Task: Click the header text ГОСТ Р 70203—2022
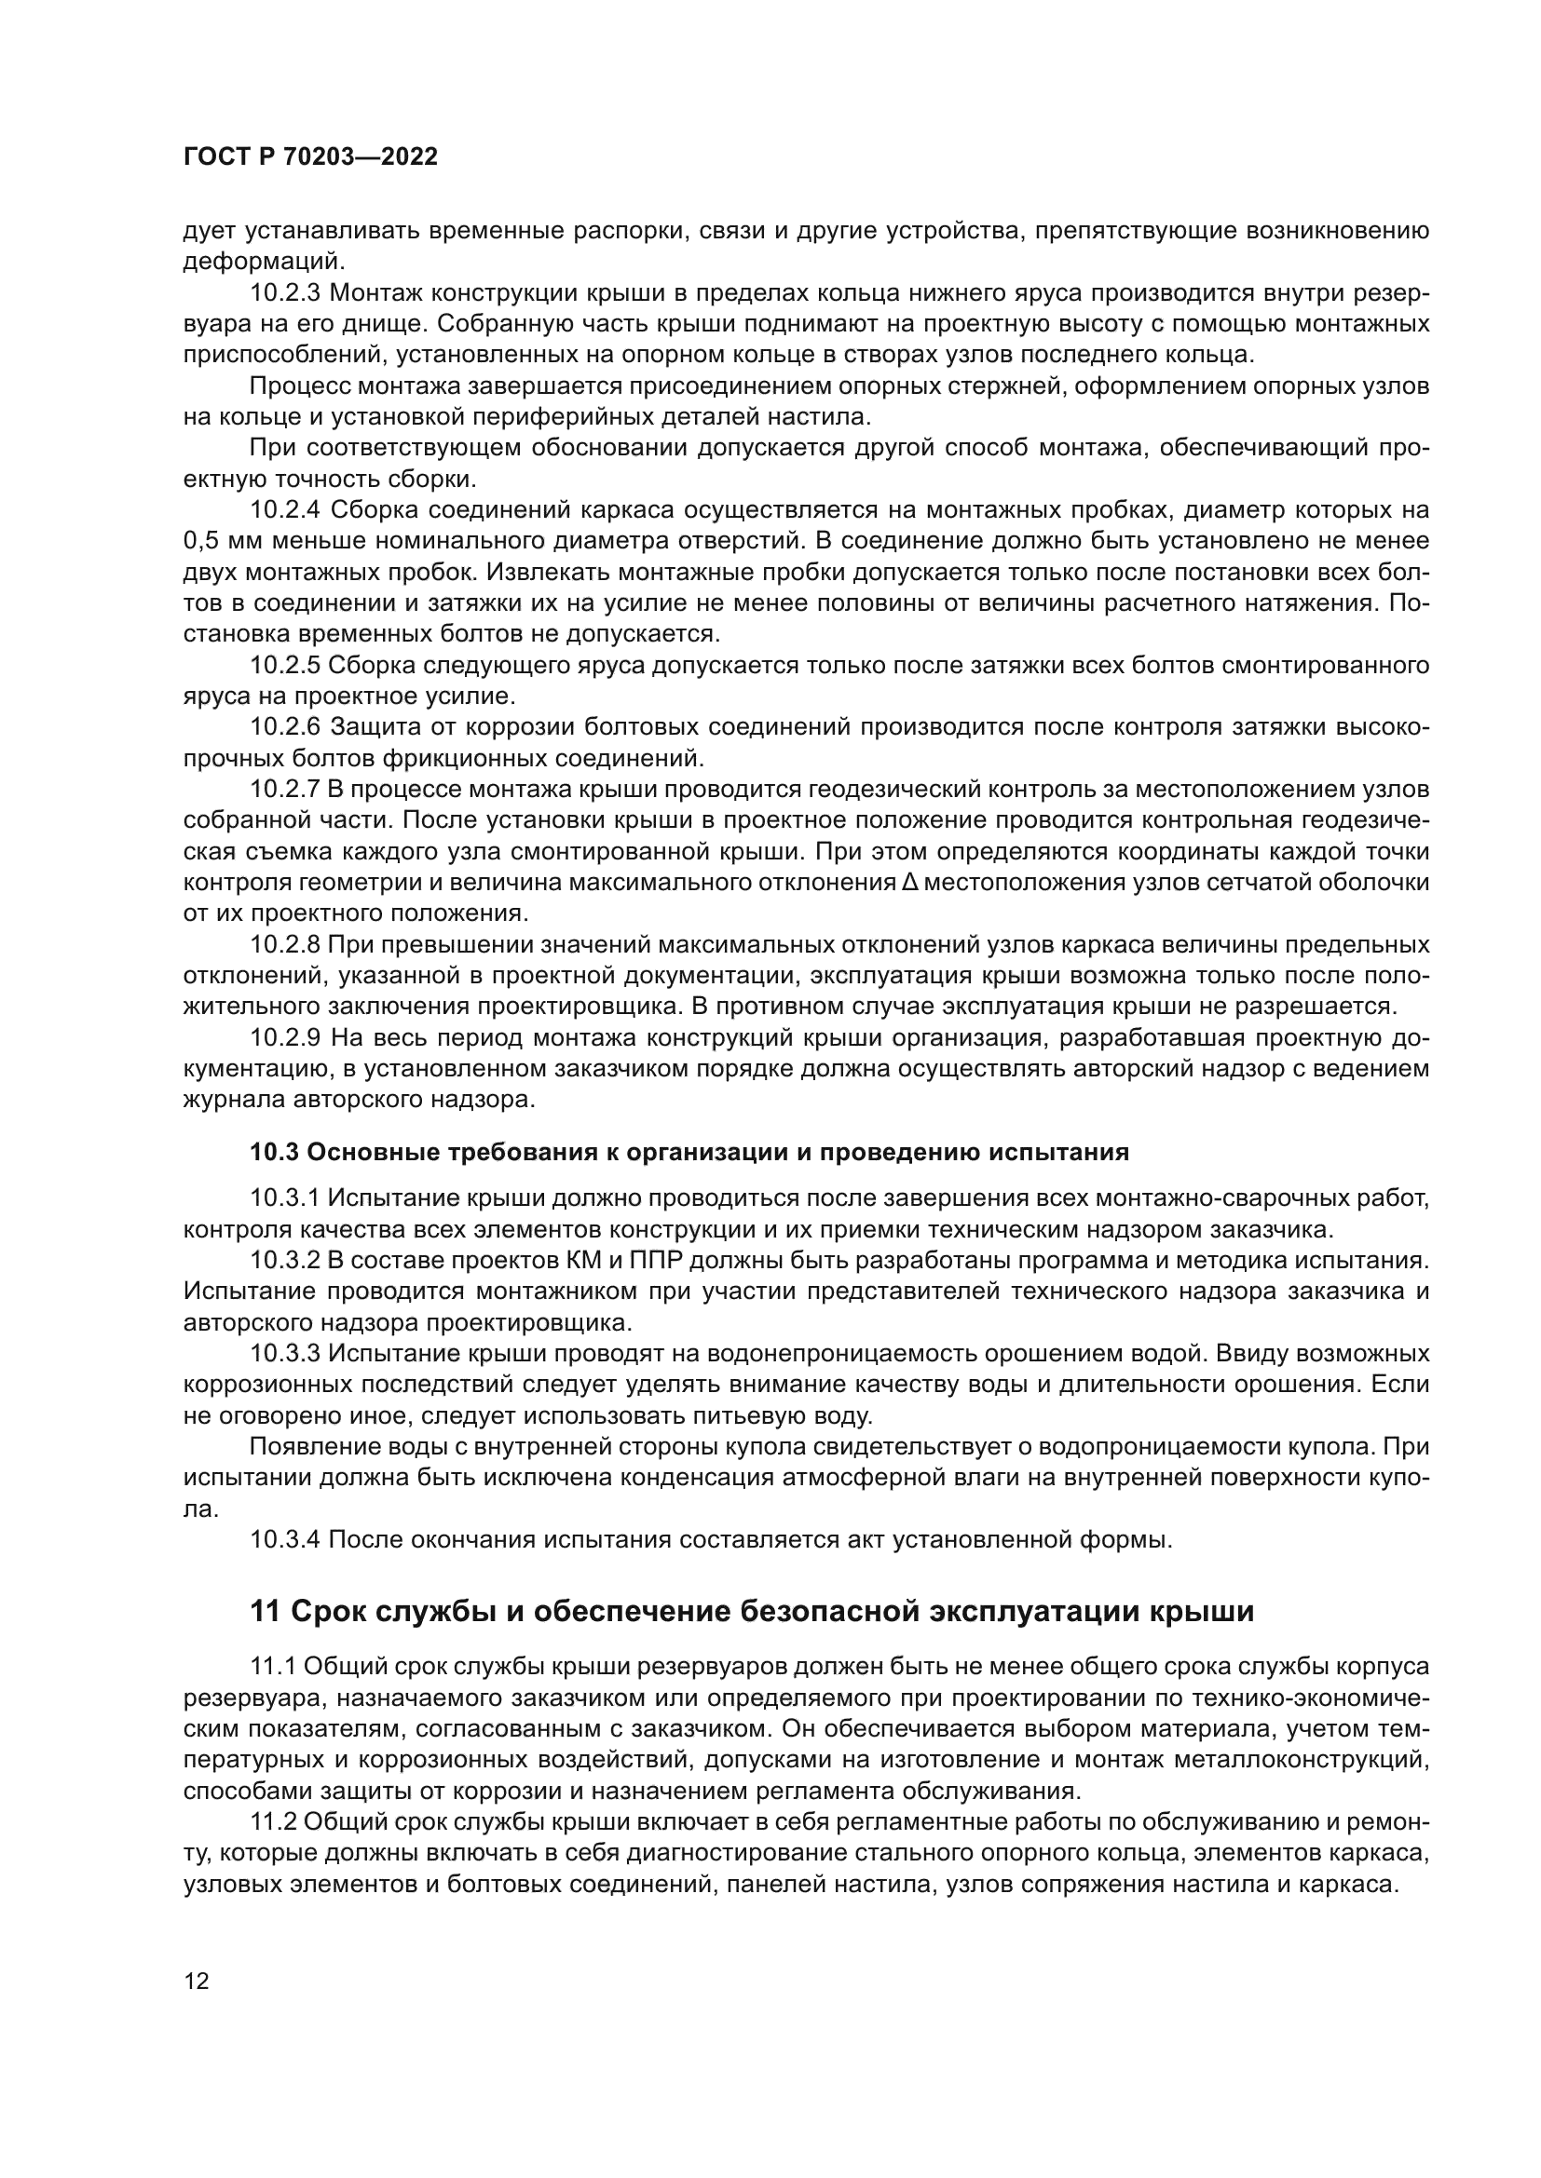click(x=310, y=157)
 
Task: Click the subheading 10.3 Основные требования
click(x=689, y=1153)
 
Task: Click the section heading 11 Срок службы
click(x=752, y=1612)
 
